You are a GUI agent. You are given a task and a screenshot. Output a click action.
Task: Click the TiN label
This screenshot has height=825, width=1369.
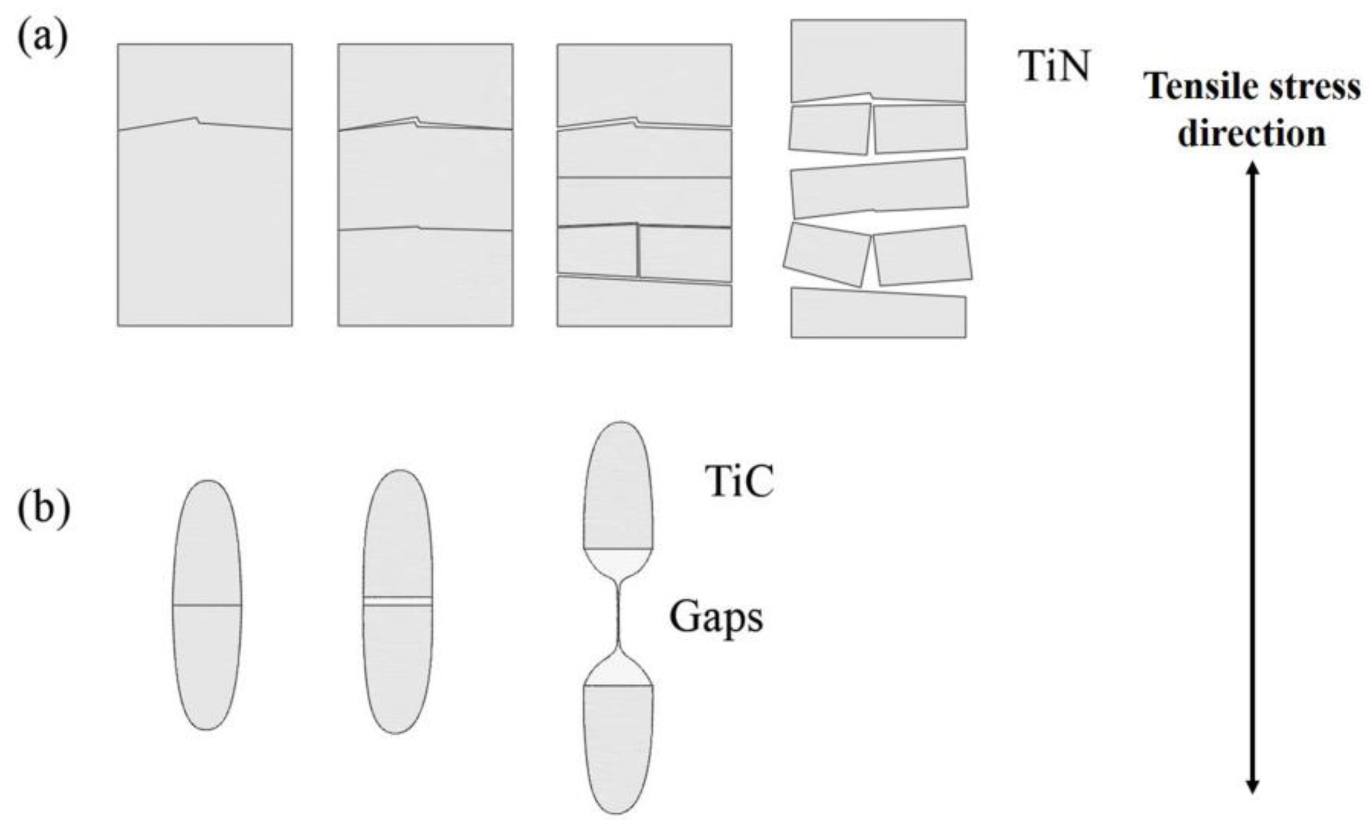point(1054,65)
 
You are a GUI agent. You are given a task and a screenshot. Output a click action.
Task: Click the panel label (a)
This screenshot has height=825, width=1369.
point(43,39)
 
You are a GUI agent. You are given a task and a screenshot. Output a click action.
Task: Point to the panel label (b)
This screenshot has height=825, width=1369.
point(44,510)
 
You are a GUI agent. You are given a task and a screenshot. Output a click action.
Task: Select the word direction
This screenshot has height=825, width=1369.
point(1251,134)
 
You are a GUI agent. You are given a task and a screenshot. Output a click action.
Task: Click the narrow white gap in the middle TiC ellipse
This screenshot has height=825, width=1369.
point(397,601)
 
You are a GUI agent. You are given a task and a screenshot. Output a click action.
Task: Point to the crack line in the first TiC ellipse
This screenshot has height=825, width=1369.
point(207,604)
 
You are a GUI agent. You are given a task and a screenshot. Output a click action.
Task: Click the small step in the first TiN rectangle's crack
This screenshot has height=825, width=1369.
point(197,120)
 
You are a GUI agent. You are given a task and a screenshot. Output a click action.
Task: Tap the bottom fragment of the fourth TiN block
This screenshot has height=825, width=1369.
point(878,314)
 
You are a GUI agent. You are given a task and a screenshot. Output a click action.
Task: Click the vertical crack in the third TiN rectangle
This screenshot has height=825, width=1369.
point(638,251)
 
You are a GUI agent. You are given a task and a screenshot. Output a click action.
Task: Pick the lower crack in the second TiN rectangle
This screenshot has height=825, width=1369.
point(425,228)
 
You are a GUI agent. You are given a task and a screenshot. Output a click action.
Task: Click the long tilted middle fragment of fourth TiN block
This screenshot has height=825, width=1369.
point(879,187)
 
